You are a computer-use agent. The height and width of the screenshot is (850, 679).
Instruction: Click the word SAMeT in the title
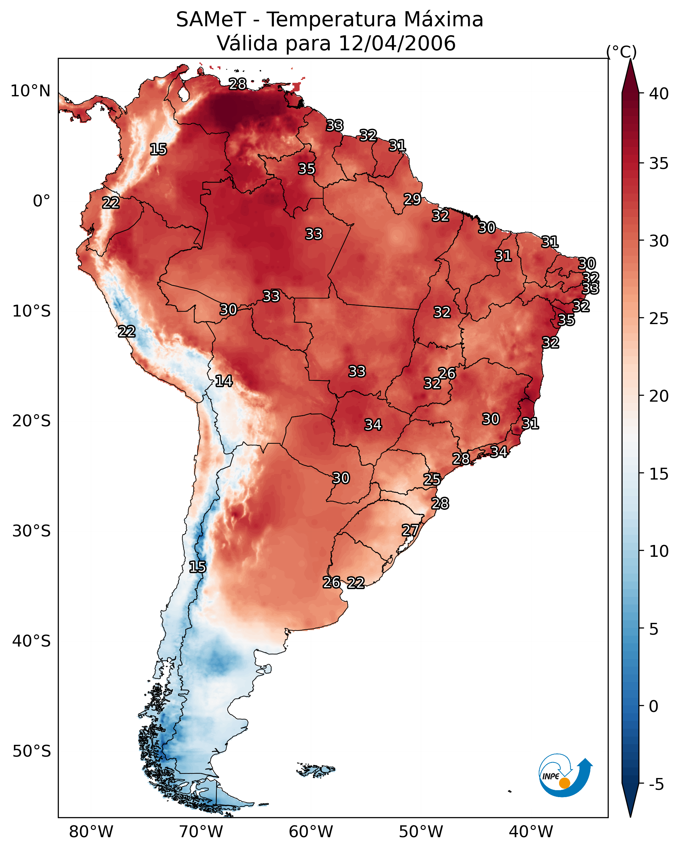[211, 20]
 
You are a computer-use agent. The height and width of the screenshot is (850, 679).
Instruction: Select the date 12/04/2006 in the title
[397, 43]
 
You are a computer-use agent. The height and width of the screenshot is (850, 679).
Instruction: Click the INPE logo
[566, 776]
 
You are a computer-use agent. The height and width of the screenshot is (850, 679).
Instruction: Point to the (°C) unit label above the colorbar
[622, 52]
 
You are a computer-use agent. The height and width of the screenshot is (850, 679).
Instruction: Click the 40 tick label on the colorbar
[659, 94]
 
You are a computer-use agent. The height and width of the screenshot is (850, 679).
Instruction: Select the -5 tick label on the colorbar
[657, 784]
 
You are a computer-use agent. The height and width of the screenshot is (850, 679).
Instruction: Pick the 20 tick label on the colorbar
[659, 396]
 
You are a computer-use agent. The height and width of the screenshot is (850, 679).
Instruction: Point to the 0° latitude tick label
[42, 201]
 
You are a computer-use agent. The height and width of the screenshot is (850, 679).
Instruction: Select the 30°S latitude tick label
[32, 531]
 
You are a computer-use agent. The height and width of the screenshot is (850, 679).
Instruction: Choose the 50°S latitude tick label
[32, 751]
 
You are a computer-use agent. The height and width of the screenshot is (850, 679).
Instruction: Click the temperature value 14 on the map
[224, 381]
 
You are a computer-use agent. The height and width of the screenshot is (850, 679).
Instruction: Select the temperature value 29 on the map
[413, 200]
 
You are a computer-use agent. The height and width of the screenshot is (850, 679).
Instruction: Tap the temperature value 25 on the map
[432, 480]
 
